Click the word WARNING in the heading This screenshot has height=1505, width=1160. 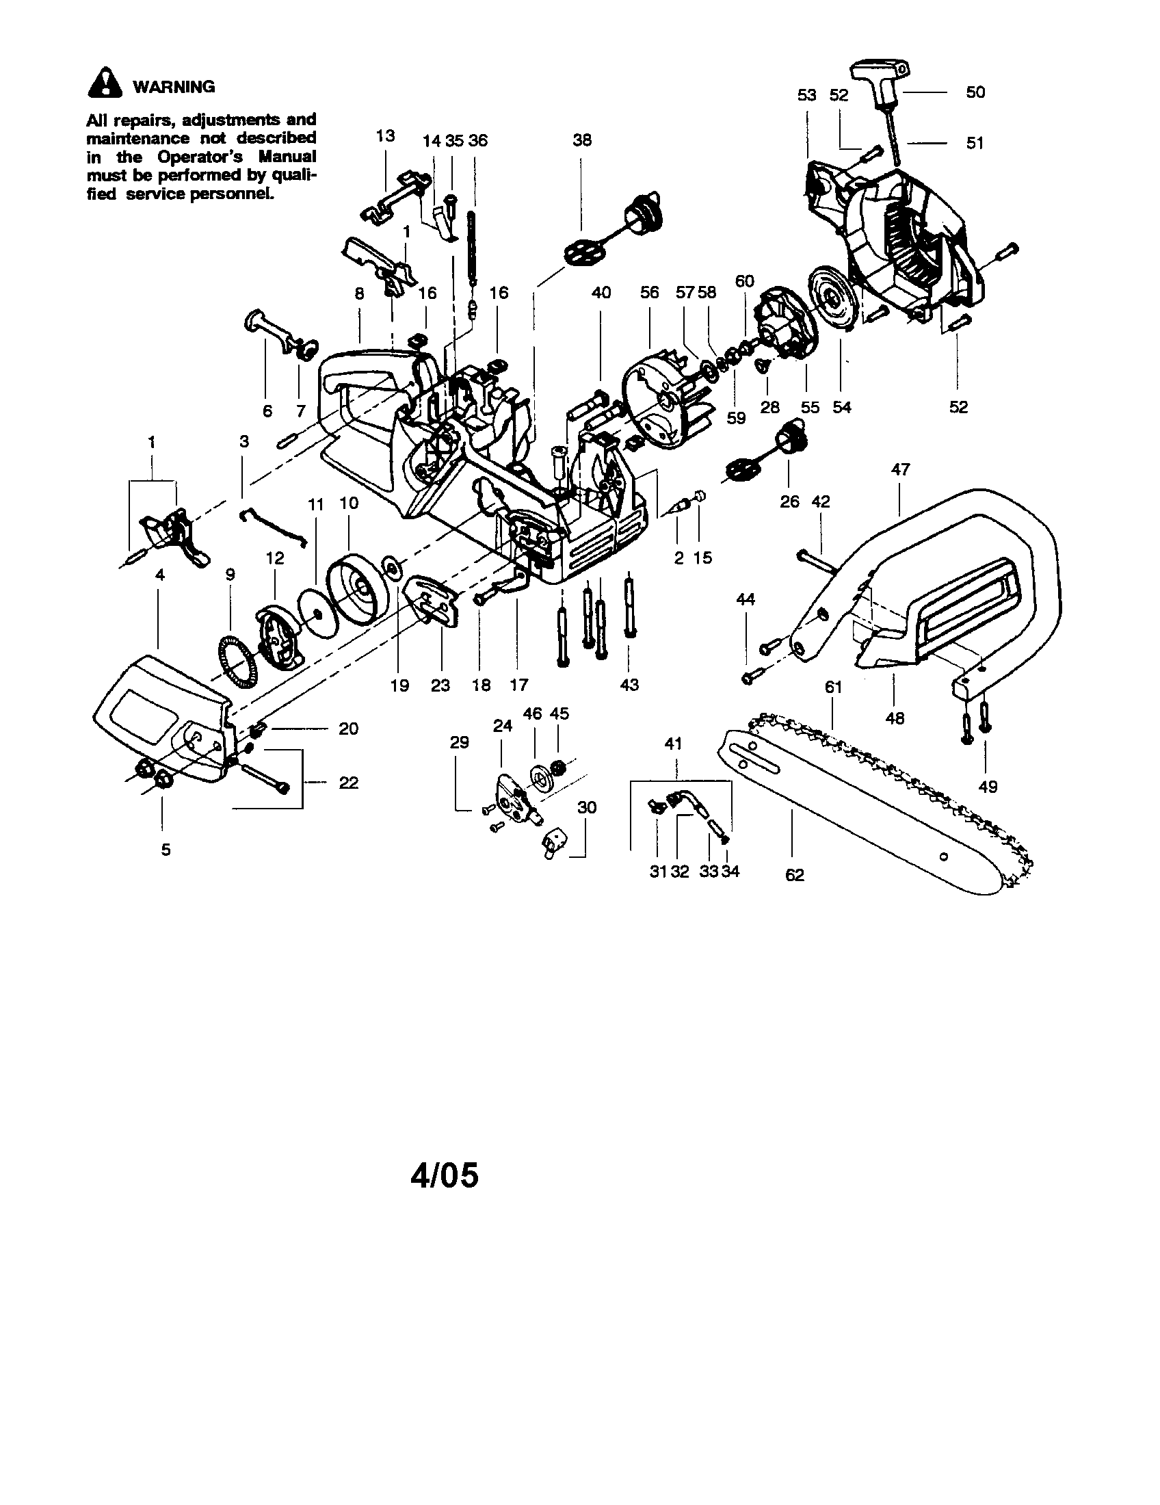(x=174, y=87)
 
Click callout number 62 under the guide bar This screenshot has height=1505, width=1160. (x=794, y=875)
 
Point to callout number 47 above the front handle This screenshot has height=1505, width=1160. (x=900, y=469)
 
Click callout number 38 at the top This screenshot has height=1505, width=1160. (x=582, y=140)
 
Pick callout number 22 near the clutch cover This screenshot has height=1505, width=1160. (x=349, y=783)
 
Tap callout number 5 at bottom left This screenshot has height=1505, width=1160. (x=166, y=850)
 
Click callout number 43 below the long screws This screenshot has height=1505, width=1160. (x=630, y=685)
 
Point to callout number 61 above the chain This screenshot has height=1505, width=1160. (x=834, y=687)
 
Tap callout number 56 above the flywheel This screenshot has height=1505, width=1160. (x=650, y=292)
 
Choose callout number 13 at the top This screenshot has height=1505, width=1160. (x=385, y=135)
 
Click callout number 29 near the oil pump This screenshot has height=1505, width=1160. (x=459, y=742)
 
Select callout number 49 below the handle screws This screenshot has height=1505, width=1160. (x=988, y=786)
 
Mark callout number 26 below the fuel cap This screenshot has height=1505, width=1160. (x=789, y=501)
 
